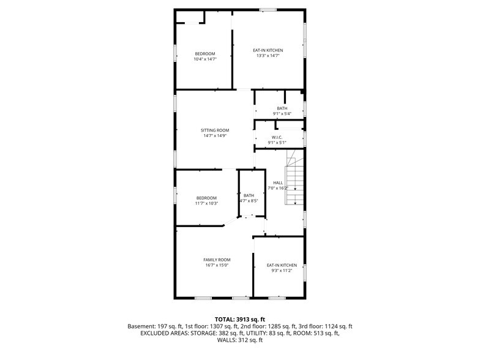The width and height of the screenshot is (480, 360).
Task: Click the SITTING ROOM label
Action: pyautogui.click(x=215, y=130)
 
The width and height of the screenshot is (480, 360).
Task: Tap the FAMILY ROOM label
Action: pyautogui.click(x=217, y=260)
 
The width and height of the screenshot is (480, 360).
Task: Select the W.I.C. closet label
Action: pyautogui.click(x=277, y=137)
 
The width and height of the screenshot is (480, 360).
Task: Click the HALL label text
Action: pyautogui.click(x=277, y=182)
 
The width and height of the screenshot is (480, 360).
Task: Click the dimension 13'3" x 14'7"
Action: pyautogui.click(x=268, y=56)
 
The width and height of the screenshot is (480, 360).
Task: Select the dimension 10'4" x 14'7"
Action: pyautogui.click(x=205, y=59)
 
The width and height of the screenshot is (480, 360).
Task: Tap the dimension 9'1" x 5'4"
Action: pyautogui.click(x=282, y=113)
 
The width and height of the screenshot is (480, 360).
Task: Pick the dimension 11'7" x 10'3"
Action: pyautogui.click(x=206, y=203)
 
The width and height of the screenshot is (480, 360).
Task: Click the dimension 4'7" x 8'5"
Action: pyautogui.click(x=249, y=200)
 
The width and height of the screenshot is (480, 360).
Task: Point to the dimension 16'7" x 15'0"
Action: pyautogui.click(x=217, y=265)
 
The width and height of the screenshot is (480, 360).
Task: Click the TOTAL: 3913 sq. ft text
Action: pyautogui.click(x=239, y=319)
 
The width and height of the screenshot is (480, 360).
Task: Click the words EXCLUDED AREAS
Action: pyautogui.click(x=161, y=333)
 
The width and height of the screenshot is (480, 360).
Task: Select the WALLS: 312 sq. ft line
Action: pyautogui.click(x=239, y=340)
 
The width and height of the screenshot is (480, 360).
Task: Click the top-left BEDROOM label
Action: pyautogui.click(x=205, y=53)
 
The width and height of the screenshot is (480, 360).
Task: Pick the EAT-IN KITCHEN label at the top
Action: pyautogui.click(x=268, y=50)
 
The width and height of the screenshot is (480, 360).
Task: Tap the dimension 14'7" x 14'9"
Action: pyautogui.click(x=215, y=136)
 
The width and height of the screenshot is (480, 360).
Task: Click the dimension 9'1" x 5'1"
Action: pyautogui.click(x=277, y=143)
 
